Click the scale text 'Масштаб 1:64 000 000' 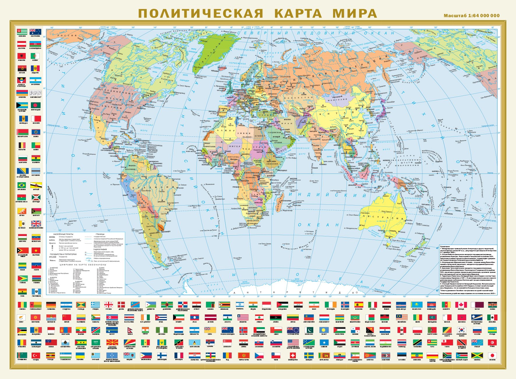coord(471,16)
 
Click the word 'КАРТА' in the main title coord(298,13)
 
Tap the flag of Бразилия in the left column coord(22,185)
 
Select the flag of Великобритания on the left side coord(36,224)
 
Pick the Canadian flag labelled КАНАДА coord(461,305)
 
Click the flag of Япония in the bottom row coord(492,355)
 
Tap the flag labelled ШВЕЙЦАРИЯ coord(293,355)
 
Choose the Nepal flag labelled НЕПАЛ coord(130,330)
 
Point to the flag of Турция coord(36,355)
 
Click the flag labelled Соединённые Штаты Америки coord(293,343)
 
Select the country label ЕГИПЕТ coord(260,136)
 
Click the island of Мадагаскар coord(280,201)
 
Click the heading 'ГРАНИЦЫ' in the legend coord(100,234)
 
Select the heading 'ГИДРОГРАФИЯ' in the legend coord(100,249)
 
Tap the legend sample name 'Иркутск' coord(52,243)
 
